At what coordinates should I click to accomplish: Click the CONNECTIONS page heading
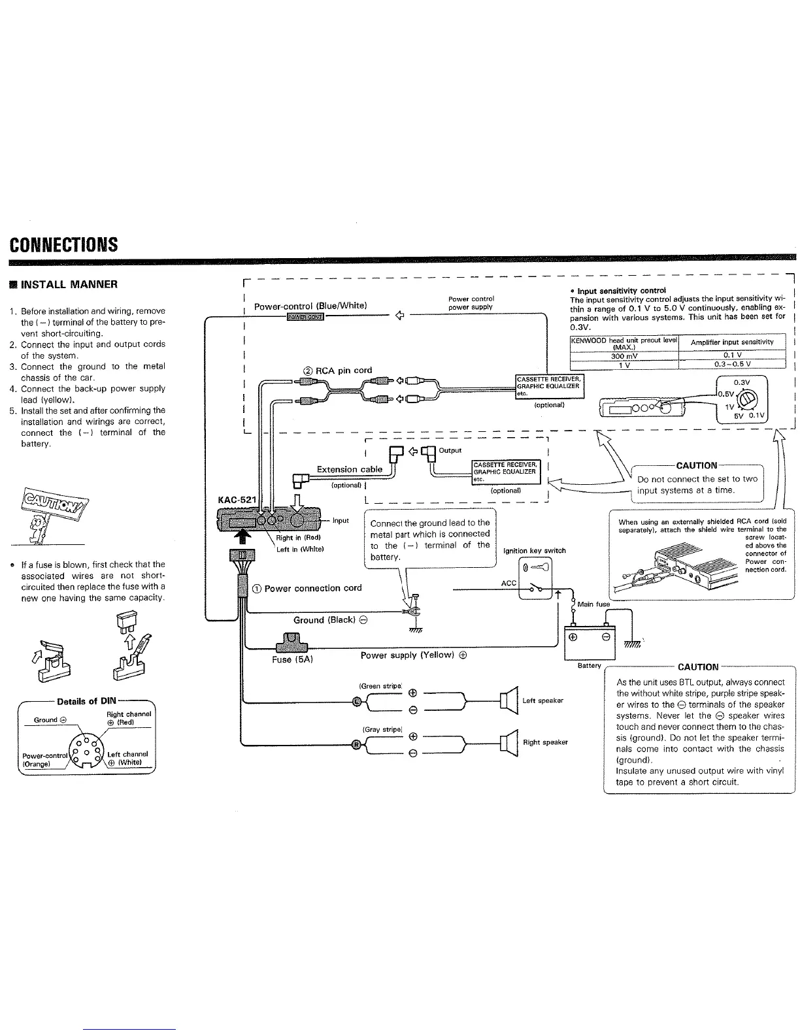tap(63, 244)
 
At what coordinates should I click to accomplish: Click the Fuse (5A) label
tap(293, 659)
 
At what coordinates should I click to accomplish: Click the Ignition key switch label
tap(534, 550)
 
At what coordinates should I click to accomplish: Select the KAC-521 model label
tap(237, 500)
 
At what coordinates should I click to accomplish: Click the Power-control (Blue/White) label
tap(310, 305)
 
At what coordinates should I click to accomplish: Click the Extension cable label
tap(349, 469)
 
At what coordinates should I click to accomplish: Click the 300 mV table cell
tap(624, 356)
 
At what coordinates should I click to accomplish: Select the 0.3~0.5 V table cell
tap(732, 365)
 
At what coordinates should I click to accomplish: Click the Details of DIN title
tap(86, 701)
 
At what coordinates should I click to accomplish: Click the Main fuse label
tap(593, 604)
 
